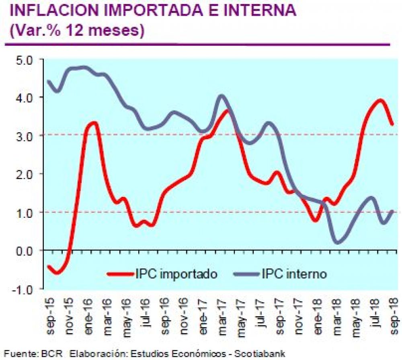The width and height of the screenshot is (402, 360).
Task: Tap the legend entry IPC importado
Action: pyautogui.click(x=177, y=274)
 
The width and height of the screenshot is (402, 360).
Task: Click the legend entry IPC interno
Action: pyautogui.click(x=294, y=274)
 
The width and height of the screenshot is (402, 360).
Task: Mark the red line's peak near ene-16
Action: pyautogui.click(x=94, y=123)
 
